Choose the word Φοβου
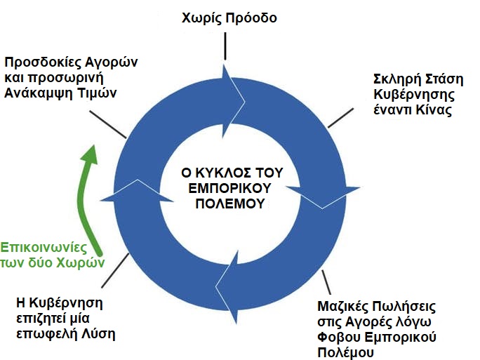click(342, 338)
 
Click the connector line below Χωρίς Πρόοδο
click(225, 46)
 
